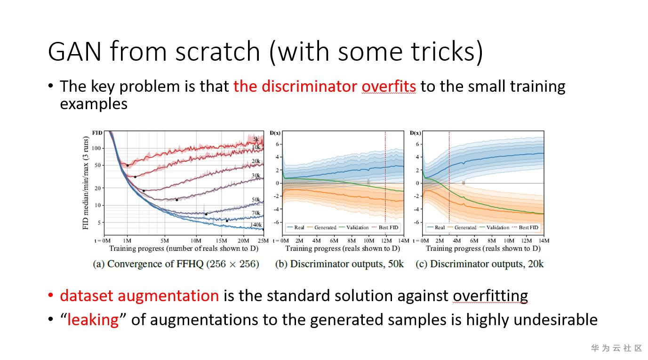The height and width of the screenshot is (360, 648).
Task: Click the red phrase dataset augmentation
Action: [139, 296]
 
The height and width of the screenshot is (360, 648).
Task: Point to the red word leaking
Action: [93, 320]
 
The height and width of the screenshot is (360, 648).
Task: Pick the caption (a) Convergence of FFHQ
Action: [176, 264]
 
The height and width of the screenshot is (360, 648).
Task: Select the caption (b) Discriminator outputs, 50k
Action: [339, 264]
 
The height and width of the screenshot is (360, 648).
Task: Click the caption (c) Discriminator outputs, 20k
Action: [480, 264]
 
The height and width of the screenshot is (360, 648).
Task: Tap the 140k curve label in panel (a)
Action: [256, 225]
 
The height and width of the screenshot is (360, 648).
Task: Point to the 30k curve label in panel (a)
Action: [256, 176]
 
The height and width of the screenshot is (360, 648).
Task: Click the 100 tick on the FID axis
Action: [96, 148]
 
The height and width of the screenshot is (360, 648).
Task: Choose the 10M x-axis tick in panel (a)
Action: [196, 240]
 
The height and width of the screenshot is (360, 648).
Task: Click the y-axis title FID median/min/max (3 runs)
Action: [86, 183]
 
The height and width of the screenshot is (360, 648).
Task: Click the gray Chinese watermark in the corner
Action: [616, 348]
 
